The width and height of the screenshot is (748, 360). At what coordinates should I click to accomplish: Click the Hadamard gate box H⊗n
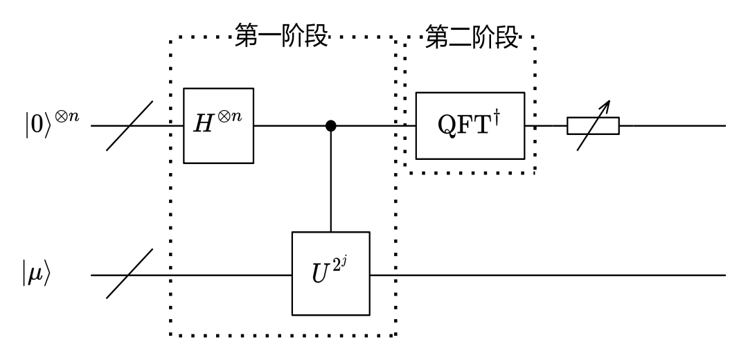pyautogui.click(x=219, y=125)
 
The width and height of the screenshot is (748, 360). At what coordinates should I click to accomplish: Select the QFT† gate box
pyautogui.click(x=470, y=125)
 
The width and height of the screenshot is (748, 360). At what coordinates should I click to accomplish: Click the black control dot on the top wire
pyautogui.click(x=331, y=126)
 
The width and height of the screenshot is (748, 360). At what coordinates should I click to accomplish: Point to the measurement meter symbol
pyautogui.click(x=593, y=126)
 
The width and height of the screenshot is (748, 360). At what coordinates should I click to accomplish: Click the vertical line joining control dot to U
pyautogui.click(x=331, y=180)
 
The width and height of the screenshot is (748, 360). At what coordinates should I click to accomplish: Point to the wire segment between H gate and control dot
pyautogui.click(x=291, y=126)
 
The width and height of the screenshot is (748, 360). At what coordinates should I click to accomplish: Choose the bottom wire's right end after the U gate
pyautogui.click(x=720, y=275)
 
